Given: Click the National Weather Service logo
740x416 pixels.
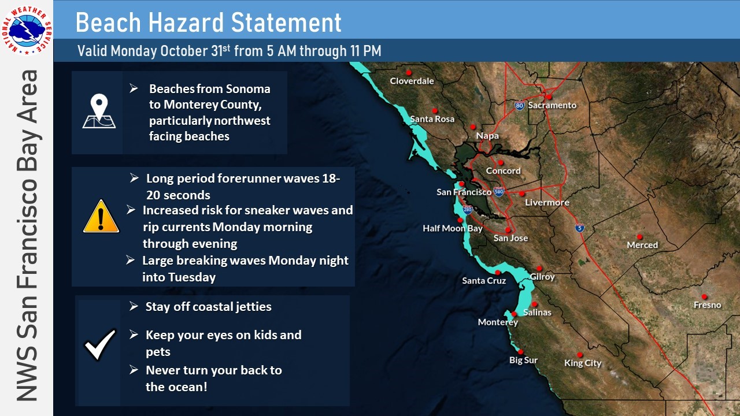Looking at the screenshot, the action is tap(27, 30).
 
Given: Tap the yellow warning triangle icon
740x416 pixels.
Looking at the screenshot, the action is tap(101, 216).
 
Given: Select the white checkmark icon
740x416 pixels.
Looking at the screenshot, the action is tap(100, 344).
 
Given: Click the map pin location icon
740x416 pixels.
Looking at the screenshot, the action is tap(99, 111).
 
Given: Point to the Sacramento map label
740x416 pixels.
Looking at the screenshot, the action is tap(552, 105).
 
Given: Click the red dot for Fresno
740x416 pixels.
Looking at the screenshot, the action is tap(704, 297).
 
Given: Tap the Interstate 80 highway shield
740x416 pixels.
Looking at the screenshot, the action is tap(520, 106).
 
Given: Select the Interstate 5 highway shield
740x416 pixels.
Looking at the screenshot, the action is tap(580, 228).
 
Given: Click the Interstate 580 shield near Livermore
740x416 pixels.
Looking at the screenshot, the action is tap(499, 191).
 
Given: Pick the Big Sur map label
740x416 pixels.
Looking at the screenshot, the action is tap(523, 360).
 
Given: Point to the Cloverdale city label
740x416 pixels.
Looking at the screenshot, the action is tap(412, 81).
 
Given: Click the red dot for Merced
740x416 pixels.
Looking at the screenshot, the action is tap(639, 237).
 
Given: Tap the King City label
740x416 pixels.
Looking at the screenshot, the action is tap(583, 363).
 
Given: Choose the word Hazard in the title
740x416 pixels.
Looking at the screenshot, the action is tap(186, 23).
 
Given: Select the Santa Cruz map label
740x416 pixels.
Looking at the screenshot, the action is tap(484, 281).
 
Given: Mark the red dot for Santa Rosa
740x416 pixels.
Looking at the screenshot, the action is tap(435, 111).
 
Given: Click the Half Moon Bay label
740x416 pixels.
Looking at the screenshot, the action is tap(453, 228).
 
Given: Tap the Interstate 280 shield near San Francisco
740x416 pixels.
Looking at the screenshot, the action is tap(468, 209).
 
